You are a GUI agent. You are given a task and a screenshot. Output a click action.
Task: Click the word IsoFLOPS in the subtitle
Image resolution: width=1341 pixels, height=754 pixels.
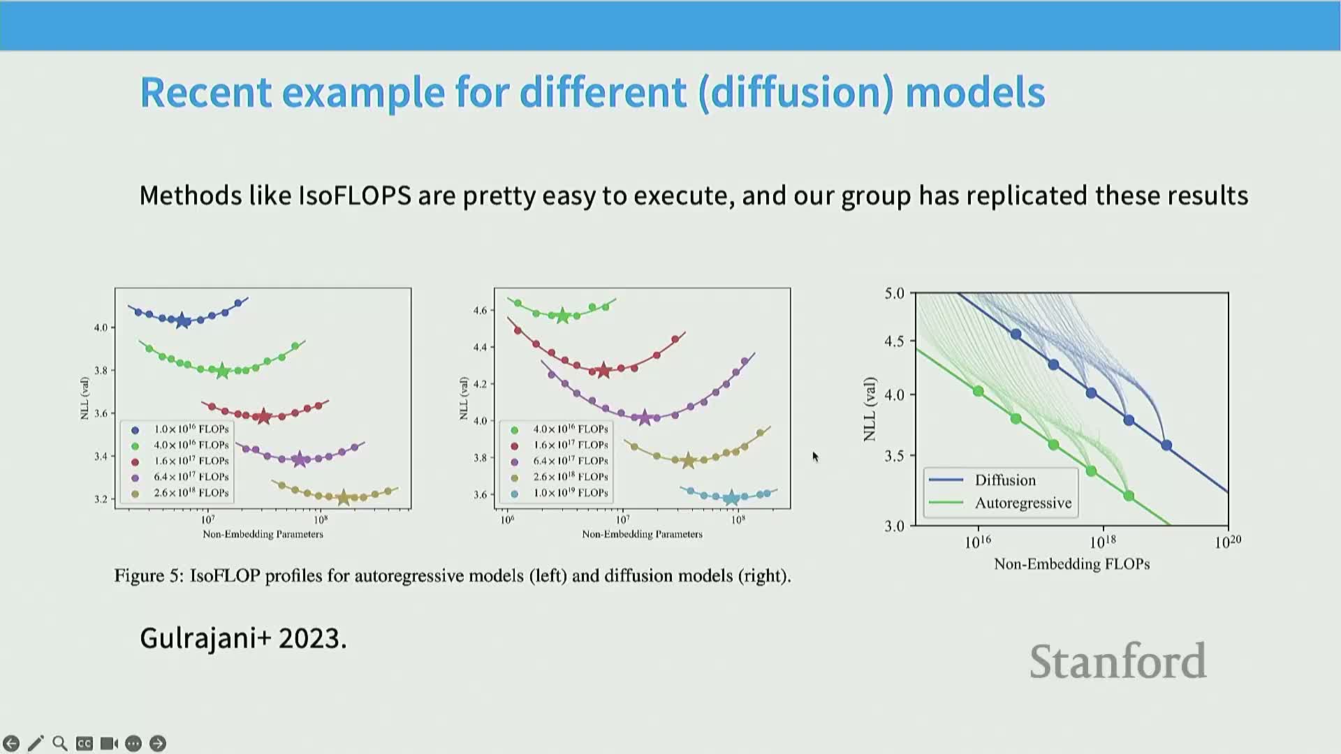pos(354,195)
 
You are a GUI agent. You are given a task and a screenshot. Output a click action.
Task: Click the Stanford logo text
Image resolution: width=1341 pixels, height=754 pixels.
pos(1117,661)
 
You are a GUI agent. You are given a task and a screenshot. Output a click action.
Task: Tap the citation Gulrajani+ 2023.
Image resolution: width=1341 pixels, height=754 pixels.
pos(243,638)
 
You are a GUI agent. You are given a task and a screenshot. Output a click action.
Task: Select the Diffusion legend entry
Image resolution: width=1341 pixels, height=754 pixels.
pos(1004,480)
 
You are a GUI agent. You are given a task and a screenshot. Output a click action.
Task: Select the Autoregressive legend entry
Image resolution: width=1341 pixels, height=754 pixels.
pos(1023,503)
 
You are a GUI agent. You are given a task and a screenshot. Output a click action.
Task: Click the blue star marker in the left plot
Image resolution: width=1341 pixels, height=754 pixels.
pos(183,321)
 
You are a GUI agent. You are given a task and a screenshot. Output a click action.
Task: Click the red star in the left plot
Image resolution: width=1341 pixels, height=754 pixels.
pos(263,417)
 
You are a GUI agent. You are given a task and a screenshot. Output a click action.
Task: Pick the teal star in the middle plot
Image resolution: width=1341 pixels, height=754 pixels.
pos(731,498)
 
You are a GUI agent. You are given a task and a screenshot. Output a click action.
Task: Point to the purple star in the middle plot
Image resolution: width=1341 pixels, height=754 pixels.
pos(645,418)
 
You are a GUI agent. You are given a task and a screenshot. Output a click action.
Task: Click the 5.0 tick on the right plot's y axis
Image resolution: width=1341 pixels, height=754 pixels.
pos(894,293)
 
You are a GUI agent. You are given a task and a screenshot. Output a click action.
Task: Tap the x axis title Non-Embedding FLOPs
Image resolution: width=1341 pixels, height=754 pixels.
pos(1071,564)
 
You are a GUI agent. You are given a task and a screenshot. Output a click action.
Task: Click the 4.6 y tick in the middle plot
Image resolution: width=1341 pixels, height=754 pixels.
pos(480,310)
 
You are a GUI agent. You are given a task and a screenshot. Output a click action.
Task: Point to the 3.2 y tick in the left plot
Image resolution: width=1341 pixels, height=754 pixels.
pos(101,499)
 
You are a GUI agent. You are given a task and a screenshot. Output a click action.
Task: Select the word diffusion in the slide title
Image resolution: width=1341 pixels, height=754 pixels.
pos(796,92)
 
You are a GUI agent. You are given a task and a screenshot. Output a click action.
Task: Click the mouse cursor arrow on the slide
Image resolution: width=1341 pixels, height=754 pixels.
pos(814,457)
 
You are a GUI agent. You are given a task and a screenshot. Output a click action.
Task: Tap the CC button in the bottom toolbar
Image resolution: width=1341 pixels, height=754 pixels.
pos(85,744)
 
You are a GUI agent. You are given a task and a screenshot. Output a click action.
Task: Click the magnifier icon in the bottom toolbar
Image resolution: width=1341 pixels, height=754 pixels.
pos(60,744)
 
